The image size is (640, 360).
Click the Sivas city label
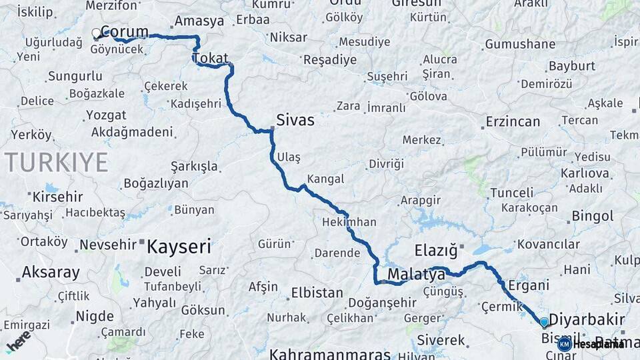tap(295, 121)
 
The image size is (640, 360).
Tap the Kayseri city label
tap(178, 247)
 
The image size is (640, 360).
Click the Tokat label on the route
tap(211, 58)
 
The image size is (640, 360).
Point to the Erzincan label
tap(513, 122)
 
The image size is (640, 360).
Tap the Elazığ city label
tap(436, 251)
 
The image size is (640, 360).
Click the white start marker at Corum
tap(97, 32)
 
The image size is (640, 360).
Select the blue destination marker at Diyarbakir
tap(544, 323)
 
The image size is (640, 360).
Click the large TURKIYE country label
tap(56, 162)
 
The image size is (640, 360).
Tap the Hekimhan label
tap(349, 222)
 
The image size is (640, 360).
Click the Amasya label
tap(199, 21)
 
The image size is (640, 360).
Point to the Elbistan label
tap(317, 293)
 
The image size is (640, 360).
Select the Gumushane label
tap(521, 44)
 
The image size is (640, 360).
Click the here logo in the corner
tap(18, 341)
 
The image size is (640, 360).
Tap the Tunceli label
tap(512, 193)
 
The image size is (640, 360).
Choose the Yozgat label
tap(106, 115)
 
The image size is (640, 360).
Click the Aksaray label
tap(51, 272)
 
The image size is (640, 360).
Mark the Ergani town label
tap(529, 285)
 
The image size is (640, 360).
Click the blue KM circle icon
tap(564, 344)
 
